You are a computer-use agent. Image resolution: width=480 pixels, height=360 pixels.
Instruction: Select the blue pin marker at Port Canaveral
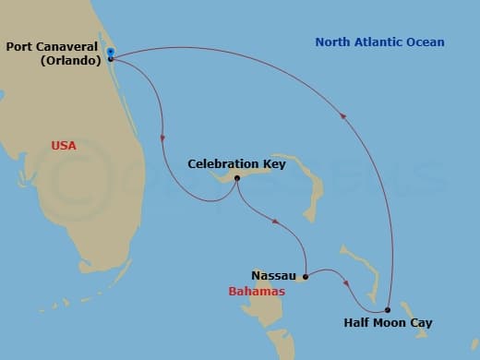(x=110, y=52)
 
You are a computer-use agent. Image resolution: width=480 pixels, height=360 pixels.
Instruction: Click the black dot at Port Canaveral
(x=110, y=59)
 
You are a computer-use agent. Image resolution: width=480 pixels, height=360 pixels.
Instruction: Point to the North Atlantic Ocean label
(x=378, y=42)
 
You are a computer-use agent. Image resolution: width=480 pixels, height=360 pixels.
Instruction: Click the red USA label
(x=64, y=146)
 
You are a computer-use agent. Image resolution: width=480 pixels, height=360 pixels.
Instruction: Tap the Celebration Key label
(x=236, y=164)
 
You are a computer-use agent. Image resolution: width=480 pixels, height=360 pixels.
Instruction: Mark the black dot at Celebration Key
(x=237, y=178)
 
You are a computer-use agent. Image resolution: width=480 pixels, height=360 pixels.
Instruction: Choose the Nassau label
(x=273, y=275)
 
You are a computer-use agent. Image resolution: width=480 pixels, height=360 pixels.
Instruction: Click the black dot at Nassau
(x=305, y=275)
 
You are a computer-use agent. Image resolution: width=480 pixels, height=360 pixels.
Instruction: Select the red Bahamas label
(x=256, y=292)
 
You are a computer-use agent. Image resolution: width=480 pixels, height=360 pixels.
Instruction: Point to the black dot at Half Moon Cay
(x=388, y=309)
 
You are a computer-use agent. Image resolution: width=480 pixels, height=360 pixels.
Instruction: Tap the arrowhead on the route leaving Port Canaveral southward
(x=162, y=138)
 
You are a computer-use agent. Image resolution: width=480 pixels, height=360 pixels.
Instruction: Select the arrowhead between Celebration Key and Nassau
(x=274, y=220)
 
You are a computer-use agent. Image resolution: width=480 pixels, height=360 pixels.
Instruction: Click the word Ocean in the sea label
(x=423, y=42)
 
